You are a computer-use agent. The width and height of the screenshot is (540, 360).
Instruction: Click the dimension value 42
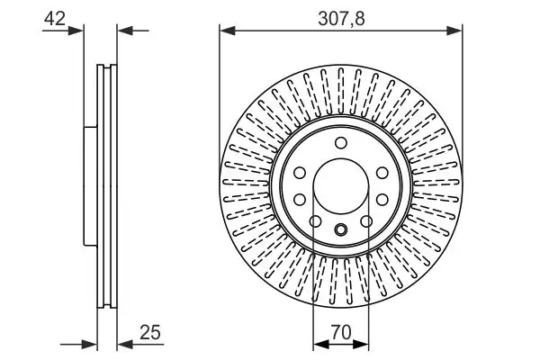(x=55, y=18)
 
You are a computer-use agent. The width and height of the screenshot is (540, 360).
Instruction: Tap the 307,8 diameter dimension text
(x=341, y=18)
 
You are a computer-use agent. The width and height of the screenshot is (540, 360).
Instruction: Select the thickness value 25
(x=150, y=332)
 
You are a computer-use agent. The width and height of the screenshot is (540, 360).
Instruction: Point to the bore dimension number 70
(x=340, y=332)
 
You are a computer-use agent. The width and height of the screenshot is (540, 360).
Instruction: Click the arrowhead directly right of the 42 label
(x=76, y=31)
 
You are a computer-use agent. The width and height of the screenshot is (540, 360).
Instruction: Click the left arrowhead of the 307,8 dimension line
(x=228, y=31)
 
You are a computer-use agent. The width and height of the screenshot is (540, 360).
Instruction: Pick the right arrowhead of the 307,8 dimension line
(x=454, y=31)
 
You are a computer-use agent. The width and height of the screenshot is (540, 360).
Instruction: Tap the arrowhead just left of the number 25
(x=125, y=344)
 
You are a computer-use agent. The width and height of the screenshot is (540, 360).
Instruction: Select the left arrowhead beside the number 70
(x=321, y=344)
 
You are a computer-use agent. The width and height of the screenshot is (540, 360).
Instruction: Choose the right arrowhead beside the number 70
(x=361, y=344)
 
